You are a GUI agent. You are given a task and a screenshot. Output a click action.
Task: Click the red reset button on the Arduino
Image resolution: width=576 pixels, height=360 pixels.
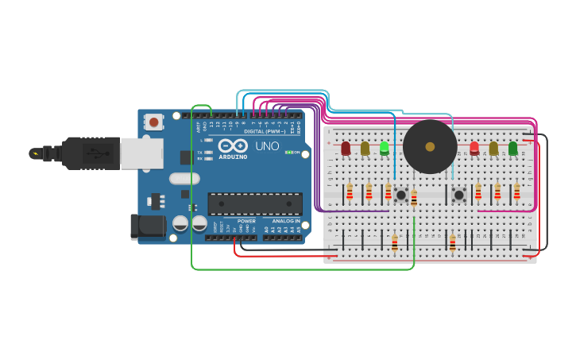[153, 122]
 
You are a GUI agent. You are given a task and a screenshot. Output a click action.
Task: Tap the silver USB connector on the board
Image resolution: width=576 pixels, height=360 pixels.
[141, 153]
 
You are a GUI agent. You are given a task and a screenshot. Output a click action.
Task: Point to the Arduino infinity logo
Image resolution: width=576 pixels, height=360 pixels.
[233, 147]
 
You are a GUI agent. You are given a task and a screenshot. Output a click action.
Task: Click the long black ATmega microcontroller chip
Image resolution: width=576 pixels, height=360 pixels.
[255, 203]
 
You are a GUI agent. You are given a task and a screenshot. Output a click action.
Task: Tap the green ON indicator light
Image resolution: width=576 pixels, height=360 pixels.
[288, 152]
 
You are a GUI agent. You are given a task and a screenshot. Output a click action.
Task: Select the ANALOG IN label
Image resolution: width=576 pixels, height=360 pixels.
[287, 221]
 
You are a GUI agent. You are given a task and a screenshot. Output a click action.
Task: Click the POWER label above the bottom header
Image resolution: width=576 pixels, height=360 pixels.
[246, 221]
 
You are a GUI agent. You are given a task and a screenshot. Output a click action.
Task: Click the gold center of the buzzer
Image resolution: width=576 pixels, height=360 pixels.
[430, 146]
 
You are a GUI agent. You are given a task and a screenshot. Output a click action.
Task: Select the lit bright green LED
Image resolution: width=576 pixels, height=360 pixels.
[385, 147]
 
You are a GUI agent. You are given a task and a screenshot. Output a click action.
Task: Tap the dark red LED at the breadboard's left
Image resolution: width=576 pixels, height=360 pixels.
[346, 148]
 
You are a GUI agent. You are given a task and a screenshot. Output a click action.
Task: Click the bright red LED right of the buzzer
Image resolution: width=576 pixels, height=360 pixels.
[474, 147]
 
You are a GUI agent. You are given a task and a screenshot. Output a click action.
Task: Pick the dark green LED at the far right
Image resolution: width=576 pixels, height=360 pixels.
[512, 148]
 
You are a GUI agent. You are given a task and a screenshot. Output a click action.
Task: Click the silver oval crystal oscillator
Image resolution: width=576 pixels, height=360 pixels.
[184, 179]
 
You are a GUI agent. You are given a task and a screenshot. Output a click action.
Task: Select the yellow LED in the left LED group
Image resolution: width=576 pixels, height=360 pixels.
[365, 148]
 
